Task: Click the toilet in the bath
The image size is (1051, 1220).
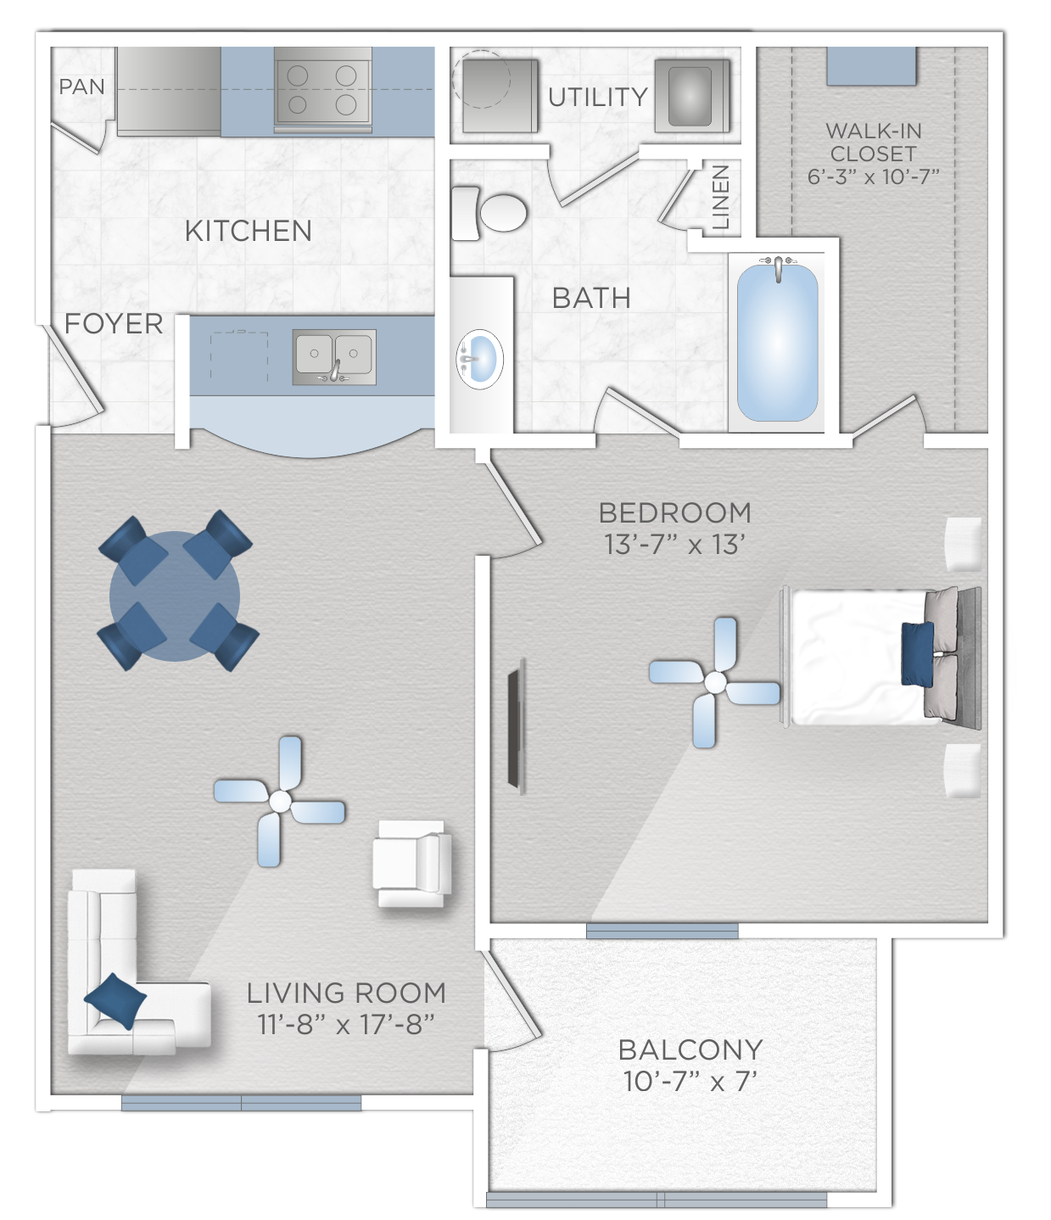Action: [489, 213]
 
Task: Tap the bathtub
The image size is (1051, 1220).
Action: [777, 343]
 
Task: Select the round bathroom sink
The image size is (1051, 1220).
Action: [480, 359]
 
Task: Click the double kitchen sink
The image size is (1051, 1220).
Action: [334, 356]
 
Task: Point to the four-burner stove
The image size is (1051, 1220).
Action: [322, 90]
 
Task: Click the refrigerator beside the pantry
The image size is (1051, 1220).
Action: [169, 92]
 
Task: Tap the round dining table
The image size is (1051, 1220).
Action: [175, 596]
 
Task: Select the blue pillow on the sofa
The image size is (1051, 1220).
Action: [115, 1000]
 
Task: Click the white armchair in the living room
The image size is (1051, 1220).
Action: [412, 864]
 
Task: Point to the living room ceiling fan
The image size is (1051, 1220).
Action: [279, 801]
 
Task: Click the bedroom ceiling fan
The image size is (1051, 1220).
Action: [714, 682]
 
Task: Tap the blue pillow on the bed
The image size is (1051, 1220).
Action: [917, 653]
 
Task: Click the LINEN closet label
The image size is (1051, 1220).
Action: [720, 197]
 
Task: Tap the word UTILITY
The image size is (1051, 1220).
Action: [598, 97]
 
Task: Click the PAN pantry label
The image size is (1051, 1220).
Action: [82, 87]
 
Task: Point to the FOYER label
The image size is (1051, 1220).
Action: [114, 324]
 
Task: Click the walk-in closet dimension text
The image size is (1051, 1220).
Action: [873, 176]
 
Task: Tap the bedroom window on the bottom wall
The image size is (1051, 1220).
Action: [662, 931]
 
